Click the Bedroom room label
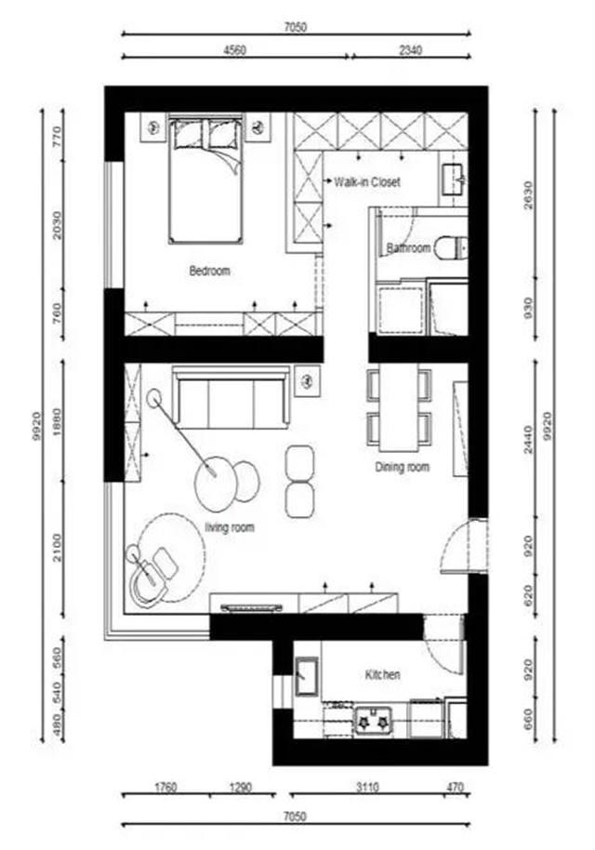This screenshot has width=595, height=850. pos(210,270)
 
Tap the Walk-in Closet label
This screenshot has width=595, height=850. pos(367,181)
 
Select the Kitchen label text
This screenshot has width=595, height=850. pos(383,675)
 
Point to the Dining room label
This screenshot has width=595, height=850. pos(402,467)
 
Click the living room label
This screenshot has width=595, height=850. pos(230,527)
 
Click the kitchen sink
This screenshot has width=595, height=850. pos(307,676)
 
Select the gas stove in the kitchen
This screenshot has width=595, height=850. pos(373,722)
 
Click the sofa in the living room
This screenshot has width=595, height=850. pos(231,398)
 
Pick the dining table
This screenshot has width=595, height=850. pos(398,406)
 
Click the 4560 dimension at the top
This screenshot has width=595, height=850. pos(234,50)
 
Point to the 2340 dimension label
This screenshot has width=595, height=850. pos(410,50)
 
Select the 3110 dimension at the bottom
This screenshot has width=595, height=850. pos(367,787)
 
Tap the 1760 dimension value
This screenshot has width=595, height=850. pos(165,787)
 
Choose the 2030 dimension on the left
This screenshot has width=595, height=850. pos(57,223)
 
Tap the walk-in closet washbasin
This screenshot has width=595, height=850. pos(454,179)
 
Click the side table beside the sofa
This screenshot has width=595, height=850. pos(307,381)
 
